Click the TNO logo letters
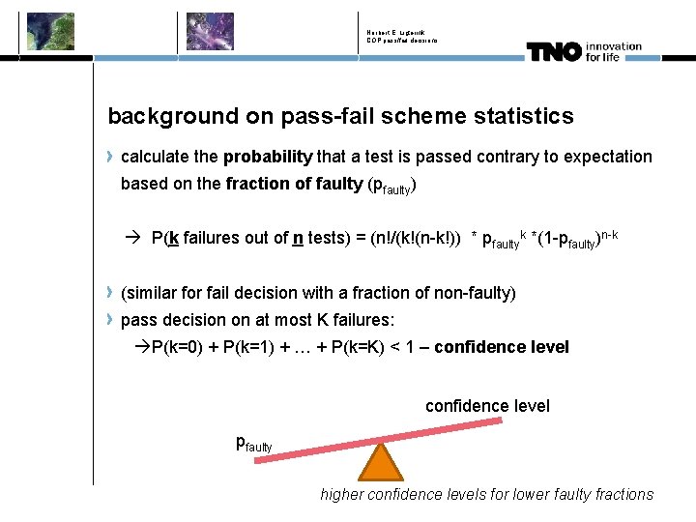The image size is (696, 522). coord(554,53)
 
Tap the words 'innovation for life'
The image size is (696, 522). coord(613,51)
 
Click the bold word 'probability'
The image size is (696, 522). coord(268,157)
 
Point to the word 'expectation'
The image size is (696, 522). coord(607,157)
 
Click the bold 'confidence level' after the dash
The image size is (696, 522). coord(502,347)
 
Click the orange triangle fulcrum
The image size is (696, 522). coord(381,464)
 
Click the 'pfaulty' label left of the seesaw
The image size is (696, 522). coord(254,444)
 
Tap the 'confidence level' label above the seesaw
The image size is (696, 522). coord(487,406)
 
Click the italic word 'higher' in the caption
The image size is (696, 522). coord(344,494)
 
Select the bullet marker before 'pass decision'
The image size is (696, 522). coord(112,319)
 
